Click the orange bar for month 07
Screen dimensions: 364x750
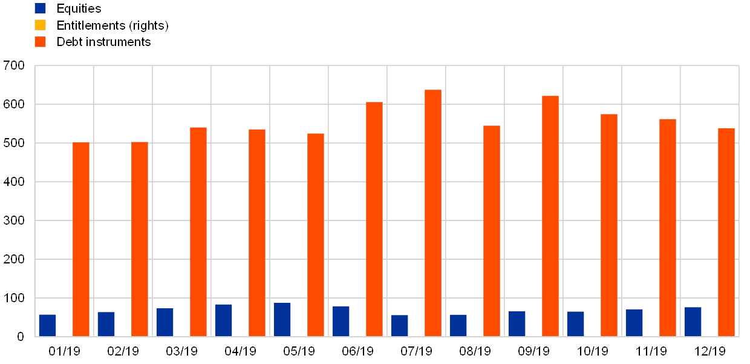[x=433, y=213]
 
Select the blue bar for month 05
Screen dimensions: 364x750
[x=282, y=319]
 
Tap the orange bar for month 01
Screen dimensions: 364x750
[x=81, y=239]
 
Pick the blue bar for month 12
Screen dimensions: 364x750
[x=693, y=322]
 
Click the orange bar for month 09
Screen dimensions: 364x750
[x=550, y=216]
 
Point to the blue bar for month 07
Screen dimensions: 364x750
[x=399, y=325]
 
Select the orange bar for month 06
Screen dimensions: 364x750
[x=374, y=219]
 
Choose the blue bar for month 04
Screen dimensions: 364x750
[x=223, y=320]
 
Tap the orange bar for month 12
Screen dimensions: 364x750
[x=726, y=232]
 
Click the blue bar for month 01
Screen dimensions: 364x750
[x=47, y=325]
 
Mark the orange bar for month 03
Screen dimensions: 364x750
[x=198, y=231]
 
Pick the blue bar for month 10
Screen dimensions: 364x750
[x=575, y=323]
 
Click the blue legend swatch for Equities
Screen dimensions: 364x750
[x=41, y=8]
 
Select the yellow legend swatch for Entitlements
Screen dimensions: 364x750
[x=41, y=25]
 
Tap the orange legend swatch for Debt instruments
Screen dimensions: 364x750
[x=41, y=42]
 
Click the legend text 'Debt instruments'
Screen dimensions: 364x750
[x=106, y=42]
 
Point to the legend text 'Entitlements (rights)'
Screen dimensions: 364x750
[x=115, y=25]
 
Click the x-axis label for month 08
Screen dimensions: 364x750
[x=475, y=351]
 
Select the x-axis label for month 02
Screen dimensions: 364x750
[x=123, y=351]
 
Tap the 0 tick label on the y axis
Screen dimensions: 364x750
[x=21, y=337]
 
